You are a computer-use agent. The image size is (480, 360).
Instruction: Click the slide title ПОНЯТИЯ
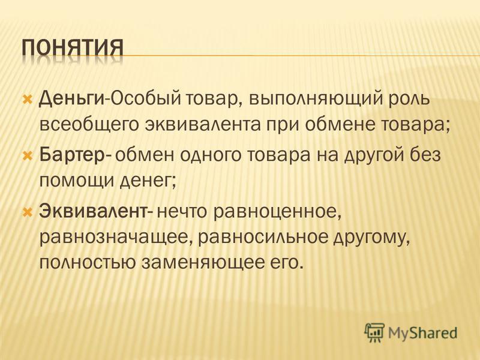(73, 48)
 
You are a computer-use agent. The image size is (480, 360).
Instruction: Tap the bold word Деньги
(72, 100)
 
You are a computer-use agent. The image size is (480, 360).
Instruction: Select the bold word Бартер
(73, 155)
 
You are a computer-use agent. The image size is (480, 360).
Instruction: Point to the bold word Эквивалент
(93, 211)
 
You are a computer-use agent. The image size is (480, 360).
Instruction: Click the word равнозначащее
(116, 238)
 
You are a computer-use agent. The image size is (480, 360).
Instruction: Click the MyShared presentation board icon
(374, 332)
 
